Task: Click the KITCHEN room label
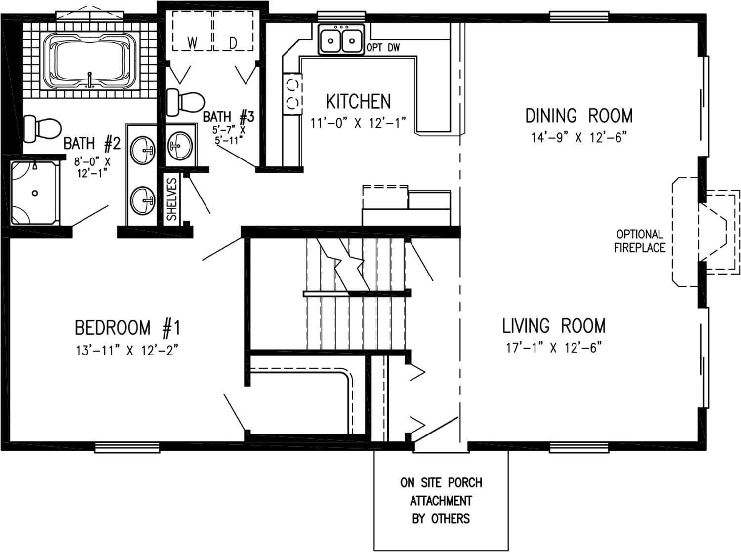point(358,102)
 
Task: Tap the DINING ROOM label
point(578,116)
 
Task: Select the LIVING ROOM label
point(553,326)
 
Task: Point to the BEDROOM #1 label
point(127,328)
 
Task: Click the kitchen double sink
point(341,39)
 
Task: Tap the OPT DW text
point(383,48)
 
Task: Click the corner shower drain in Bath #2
point(35,193)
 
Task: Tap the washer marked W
point(192,43)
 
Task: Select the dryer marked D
point(233,43)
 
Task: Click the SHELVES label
point(171,199)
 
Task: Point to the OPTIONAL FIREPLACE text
point(639,241)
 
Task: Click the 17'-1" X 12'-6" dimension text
point(553,348)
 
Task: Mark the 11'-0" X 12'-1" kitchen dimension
point(358,123)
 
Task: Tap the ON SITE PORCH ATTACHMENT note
point(441,500)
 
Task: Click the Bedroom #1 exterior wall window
point(127,448)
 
